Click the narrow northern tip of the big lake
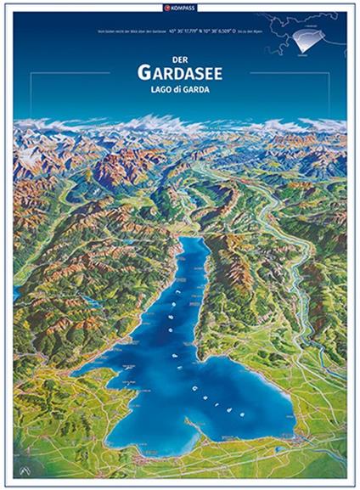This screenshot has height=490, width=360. coord(190,242)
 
